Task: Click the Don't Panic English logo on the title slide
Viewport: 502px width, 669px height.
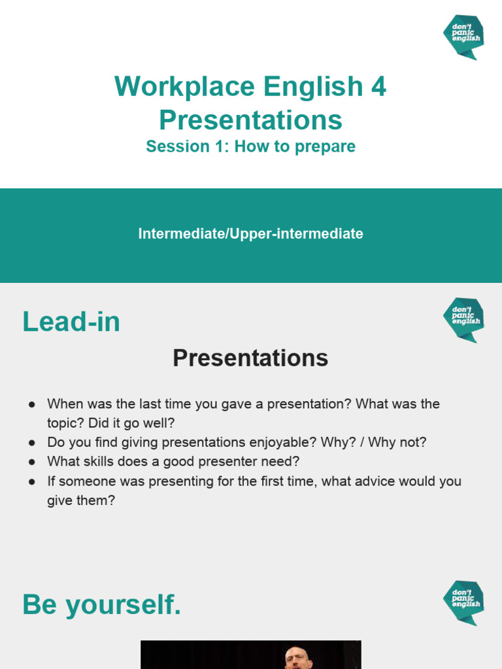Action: click(x=463, y=37)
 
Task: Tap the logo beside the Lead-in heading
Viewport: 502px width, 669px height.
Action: click(x=463, y=319)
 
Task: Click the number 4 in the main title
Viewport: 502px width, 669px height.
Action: click(x=378, y=87)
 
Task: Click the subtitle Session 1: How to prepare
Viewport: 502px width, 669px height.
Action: click(x=250, y=146)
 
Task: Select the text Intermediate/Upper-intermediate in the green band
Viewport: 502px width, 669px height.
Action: click(x=250, y=234)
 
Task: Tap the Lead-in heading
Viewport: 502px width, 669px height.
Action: click(x=71, y=322)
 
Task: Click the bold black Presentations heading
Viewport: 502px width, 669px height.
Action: click(x=250, y=358)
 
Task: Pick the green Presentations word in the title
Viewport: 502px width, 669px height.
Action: click(x=250, y=120)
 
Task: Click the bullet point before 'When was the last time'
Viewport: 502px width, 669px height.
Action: click(x=31, y=404)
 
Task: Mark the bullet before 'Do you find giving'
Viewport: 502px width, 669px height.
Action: click(x=31, y=443)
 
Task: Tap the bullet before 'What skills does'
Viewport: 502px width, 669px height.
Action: click(x=31, y=462)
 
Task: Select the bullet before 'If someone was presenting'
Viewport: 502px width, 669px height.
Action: click(x=31, y=481)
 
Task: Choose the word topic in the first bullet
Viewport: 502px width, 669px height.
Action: click(x=64, y=423)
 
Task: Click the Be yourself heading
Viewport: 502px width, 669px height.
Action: click(x=101, y=606)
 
